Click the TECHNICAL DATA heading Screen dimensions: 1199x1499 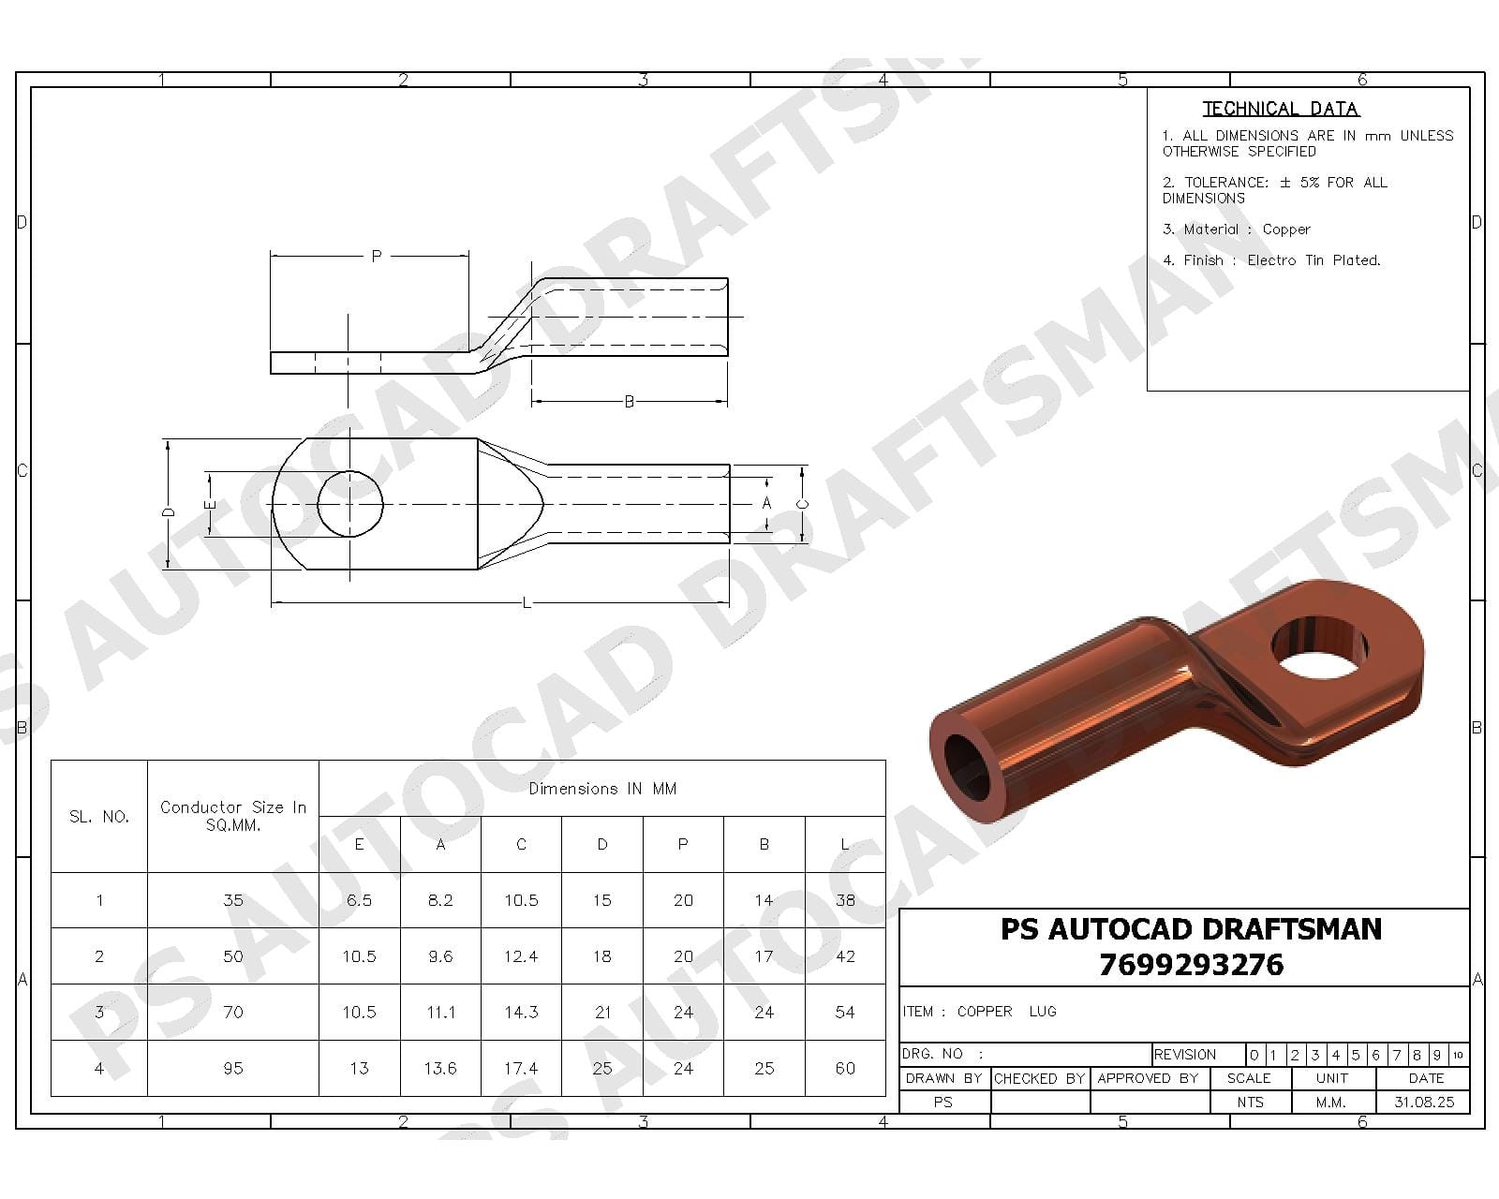(1281, 109)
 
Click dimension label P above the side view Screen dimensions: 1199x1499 (377, 255)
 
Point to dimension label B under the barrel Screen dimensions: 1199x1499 (630, 402)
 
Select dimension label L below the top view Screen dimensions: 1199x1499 (526, 603)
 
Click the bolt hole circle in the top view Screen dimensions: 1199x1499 (350, 504)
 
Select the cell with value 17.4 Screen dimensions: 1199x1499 (521, 1068)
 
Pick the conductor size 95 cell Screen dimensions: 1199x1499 (233, 1068)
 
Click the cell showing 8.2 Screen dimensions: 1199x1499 (440, 900)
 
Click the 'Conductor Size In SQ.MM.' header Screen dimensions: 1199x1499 (233, 816)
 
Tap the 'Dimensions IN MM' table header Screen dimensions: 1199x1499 (602, 789)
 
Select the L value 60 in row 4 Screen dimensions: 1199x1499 (845, 1068)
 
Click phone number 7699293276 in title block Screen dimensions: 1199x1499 (1191, 965)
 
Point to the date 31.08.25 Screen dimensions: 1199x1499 (1424, 1103)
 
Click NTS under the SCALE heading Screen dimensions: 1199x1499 (1250, 1103)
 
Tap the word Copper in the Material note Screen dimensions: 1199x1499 (1286, 229)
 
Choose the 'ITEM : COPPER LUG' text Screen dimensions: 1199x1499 (979, 1012)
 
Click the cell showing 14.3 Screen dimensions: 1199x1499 (521, 1012)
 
